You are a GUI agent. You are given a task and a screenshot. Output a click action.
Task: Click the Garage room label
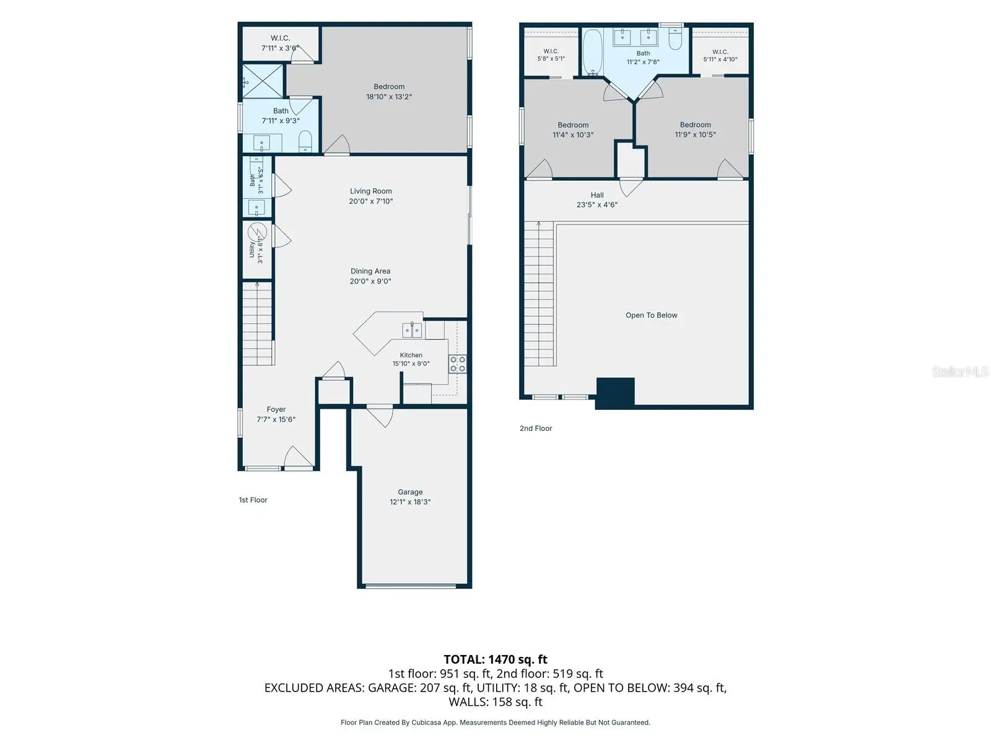click(410, 492)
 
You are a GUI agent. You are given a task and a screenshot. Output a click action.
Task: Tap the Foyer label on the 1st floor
click(276, 409)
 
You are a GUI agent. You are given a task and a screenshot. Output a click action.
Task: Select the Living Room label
click(370, 191)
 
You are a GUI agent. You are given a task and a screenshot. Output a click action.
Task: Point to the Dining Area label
click(370, 271)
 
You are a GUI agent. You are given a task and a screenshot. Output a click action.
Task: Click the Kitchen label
click(411, 355)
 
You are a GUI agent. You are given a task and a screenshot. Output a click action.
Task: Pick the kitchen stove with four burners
click(457, 363)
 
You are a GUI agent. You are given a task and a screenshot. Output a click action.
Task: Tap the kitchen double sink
click(412, 330)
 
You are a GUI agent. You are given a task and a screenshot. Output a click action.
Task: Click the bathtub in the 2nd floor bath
click(592, 53)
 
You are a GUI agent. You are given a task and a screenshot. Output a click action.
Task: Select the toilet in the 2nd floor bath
click(675, 39)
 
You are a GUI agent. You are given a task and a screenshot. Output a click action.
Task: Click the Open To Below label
click(651, 315)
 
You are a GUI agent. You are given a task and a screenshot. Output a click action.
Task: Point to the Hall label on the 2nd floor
click(597, 195)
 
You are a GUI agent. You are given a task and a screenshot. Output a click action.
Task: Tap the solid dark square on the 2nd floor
click(616, 392)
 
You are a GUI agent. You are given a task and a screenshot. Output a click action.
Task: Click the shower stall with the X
click(263, 81)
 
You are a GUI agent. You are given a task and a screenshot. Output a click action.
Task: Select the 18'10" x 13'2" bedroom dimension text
click(389, 97)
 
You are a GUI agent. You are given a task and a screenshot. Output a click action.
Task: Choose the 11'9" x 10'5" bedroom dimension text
click(695, 134)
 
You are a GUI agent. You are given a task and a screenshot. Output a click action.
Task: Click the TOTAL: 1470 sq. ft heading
click(495, 659)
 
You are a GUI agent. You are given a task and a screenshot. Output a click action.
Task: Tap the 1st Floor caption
click(253, 500)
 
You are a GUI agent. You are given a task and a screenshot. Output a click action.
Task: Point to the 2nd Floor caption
click(536, 428)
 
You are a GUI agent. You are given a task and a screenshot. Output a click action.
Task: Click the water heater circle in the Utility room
click(257, 232)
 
